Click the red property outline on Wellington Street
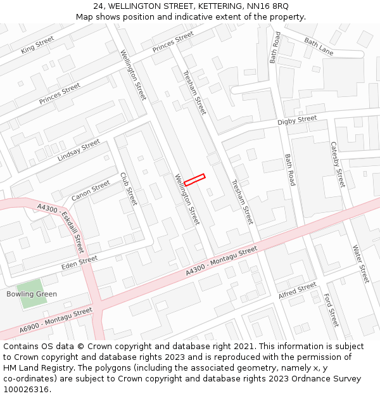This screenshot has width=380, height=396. coord(194,180)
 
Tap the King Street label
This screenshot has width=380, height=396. coord(37,44)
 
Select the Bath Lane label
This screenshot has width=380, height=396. coord(319,46)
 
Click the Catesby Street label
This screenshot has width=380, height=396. coord(338,164)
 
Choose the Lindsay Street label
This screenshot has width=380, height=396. coord(79,150)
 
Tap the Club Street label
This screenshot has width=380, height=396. coord(129,189)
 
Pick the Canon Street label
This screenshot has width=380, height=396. coord(91,191)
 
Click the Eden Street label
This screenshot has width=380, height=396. coord(79,260)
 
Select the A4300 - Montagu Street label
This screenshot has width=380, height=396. coord(222,260)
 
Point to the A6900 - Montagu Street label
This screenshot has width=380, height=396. coord(56,320)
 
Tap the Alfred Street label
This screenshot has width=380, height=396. coord(297,291)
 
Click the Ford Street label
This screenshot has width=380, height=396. coord(331,310)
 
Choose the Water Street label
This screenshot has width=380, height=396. coord(360,264)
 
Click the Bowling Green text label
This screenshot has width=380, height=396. coord(32,294)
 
